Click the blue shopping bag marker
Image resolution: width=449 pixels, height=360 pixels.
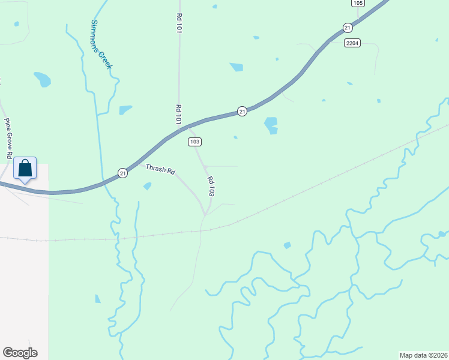click(x=25, y=170)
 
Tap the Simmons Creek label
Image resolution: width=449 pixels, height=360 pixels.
click(x=101, y=44)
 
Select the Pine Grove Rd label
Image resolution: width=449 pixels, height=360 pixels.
click(x=8, y=138)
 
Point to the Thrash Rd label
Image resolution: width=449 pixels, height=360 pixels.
click(x=160, y=170)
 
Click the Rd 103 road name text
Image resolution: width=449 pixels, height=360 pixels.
click(x=211, y=187)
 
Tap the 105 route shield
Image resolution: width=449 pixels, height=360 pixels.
click(x=358, y=3)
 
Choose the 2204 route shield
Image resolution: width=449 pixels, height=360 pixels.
click(x=352, y=43)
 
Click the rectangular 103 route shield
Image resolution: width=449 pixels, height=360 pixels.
click(x=194, y=142)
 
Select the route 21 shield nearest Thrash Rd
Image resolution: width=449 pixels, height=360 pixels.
click(x=122, y=173)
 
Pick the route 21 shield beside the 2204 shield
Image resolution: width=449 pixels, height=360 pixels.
click(x=348, y=28)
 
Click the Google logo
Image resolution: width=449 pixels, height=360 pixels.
click(x=20, y=353)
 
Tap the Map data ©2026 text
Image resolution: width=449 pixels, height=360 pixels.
click(x=423, y=355)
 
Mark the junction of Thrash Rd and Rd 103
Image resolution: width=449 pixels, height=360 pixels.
click(x=206, y=214)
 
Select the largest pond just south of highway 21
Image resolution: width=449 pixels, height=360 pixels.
click(x=271, y=124)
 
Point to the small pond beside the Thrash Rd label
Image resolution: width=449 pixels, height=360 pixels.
click(x=147, y=186)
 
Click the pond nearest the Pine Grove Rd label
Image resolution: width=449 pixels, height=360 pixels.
click(x=42, y=79)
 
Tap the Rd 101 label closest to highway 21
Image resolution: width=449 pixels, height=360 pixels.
click(x=178, y=114)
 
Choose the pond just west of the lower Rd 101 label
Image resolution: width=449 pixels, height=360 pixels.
click(x=125, y=110)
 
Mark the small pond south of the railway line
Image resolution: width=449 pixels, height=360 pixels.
click(x=287, y=245)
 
